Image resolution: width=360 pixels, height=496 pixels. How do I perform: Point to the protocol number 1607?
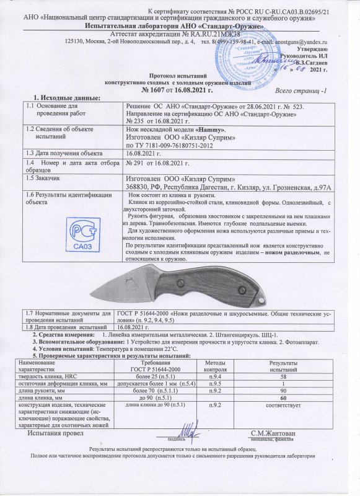tap(156, 89)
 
